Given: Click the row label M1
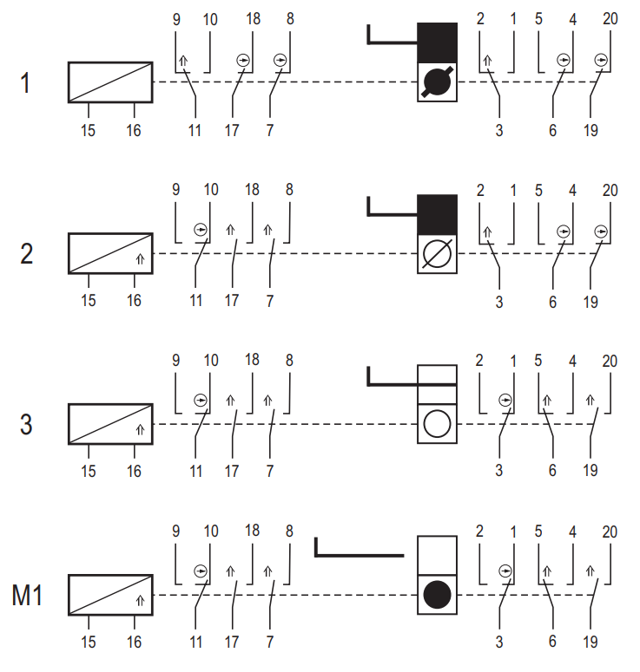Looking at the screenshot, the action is click(27, 596).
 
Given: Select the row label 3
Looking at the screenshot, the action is click(26, 425).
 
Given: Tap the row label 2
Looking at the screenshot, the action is click(26, 254).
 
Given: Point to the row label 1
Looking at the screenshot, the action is click(25, 82).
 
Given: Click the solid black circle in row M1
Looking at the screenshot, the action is click(437, 595).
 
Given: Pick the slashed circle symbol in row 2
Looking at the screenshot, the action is click(437, 253).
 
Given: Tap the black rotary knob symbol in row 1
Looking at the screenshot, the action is click(437, 82).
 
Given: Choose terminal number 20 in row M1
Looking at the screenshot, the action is click(610, 532).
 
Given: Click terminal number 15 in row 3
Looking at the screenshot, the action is click(89, 472).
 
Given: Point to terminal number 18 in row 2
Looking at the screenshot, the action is click(253, 189).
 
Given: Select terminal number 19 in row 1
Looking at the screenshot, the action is click(591, 130).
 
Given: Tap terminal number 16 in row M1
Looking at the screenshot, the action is click(134, 642).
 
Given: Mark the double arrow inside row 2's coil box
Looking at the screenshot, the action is click(141, 259).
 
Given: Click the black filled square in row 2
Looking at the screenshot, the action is click(437, 214).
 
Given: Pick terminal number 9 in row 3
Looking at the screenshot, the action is click(176, 360).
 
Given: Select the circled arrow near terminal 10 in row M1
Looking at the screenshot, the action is click(201, 571).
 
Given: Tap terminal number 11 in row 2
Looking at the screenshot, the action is click(196, 301).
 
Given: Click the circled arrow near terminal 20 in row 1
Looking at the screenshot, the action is click(601, 60).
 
